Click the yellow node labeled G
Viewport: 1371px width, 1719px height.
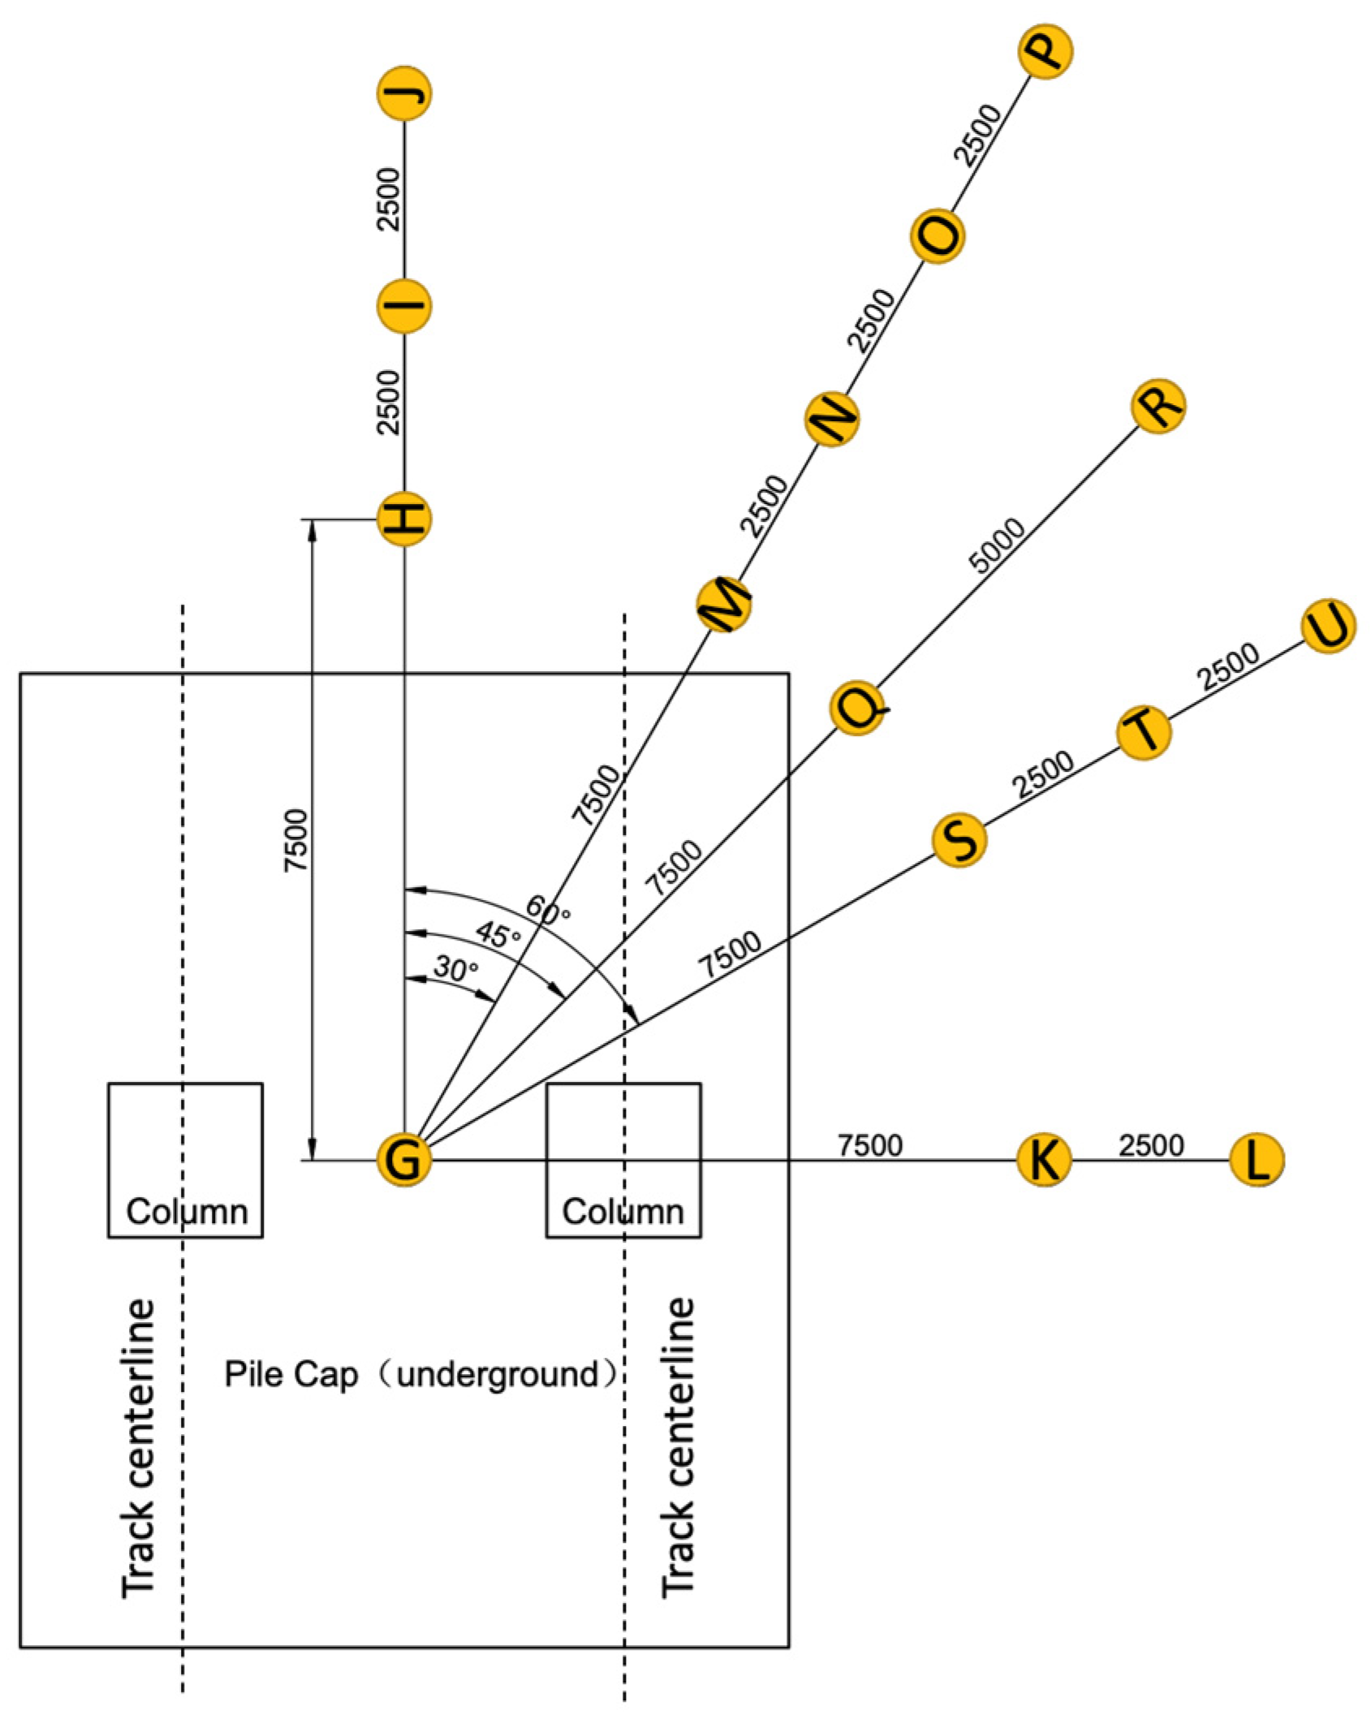pyautogui.click(x=403, y=1160)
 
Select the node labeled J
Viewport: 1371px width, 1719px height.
pyautogui.click(x=403, y=94)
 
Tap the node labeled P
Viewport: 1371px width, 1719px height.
pyautogui.click(x=1045, y=51)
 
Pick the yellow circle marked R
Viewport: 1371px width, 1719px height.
pyautogui.click(x=1158, y=406)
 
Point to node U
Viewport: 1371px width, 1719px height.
pyautogui.click(x=1328, y=626)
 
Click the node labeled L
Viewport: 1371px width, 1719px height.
pyautogui.click(x=1257, y=1160)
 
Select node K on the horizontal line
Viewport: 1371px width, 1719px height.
pyautogui.click(x=1044, y=1160)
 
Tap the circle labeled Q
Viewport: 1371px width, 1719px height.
pyautogui.click(x=857, y=708)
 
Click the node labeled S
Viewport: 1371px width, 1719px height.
pyautogui.click(x=959, y=840)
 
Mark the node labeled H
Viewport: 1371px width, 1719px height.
pyautogui.click(x=403, y=519)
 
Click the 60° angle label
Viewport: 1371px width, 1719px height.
pyautogui.click(x=548, y=911)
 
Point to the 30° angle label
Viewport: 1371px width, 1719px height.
pyautogui.click(x=455, y=968)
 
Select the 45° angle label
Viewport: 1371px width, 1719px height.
pyautogui.click(x=498, y=935)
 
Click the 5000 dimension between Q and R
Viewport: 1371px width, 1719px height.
pyautogui.click(x=997, y=546)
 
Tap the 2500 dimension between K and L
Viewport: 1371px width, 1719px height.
pyautogui.click(x=1151, y=1145)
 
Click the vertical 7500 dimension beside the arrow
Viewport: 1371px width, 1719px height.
pyautogui.click(x=296, y=841)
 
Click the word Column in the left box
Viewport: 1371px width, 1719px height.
pyautogui.click(x=187, y=1212)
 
